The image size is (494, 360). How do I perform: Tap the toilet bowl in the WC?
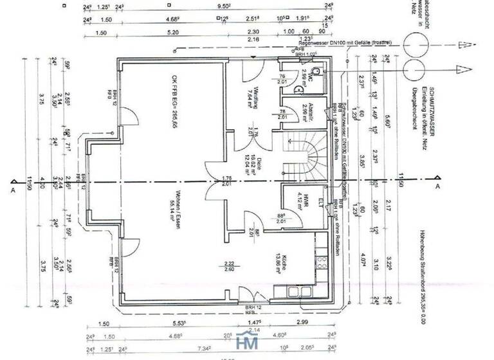tap(318, 69)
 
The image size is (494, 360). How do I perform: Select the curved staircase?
tap(307, 154)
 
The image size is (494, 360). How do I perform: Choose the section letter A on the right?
tap(438, 186)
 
